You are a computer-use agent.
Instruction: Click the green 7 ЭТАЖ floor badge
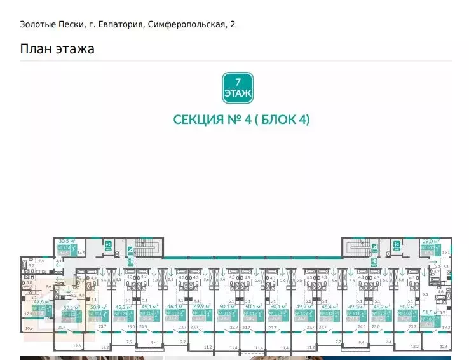238,88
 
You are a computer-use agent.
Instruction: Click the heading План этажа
57,49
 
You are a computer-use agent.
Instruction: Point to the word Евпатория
117,25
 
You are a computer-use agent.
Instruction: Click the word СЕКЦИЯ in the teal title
194,120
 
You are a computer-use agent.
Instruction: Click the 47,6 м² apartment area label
41,302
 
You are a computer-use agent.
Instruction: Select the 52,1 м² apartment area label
71,307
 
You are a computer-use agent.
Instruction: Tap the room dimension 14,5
81,253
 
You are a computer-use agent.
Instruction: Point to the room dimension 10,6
27,328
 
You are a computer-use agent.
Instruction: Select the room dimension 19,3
445,327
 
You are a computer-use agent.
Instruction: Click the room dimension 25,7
61,327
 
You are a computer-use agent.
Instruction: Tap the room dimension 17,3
27,314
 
